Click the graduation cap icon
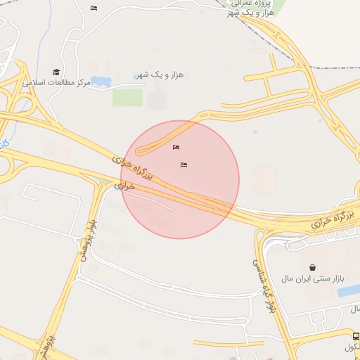[x=56, y=72]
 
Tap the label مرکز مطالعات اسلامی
[x=56, y=83]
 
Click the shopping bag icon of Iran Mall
[x=312, y=267]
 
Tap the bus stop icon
[x=356, y=337]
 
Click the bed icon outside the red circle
[x=94, y=8]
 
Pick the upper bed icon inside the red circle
[x=176, y=147]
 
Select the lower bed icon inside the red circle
[x=184, y=165]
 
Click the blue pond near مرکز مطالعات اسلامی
[x=101, y=82]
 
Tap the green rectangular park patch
[x=127, y=98]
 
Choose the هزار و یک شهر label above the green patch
[x=159, y=75]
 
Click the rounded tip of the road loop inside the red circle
[x=139, y=149]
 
